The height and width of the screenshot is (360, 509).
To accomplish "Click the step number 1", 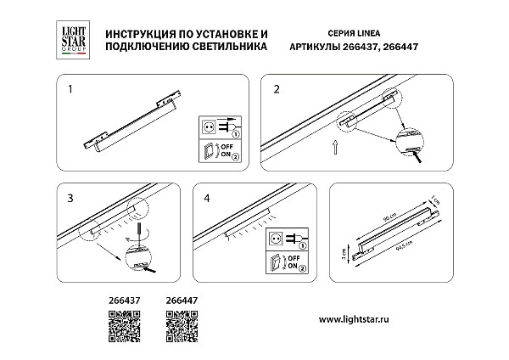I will tap(71, 87).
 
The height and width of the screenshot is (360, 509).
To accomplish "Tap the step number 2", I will tap(277, 87).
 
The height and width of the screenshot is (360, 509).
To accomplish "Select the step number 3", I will tap(71, 199).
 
